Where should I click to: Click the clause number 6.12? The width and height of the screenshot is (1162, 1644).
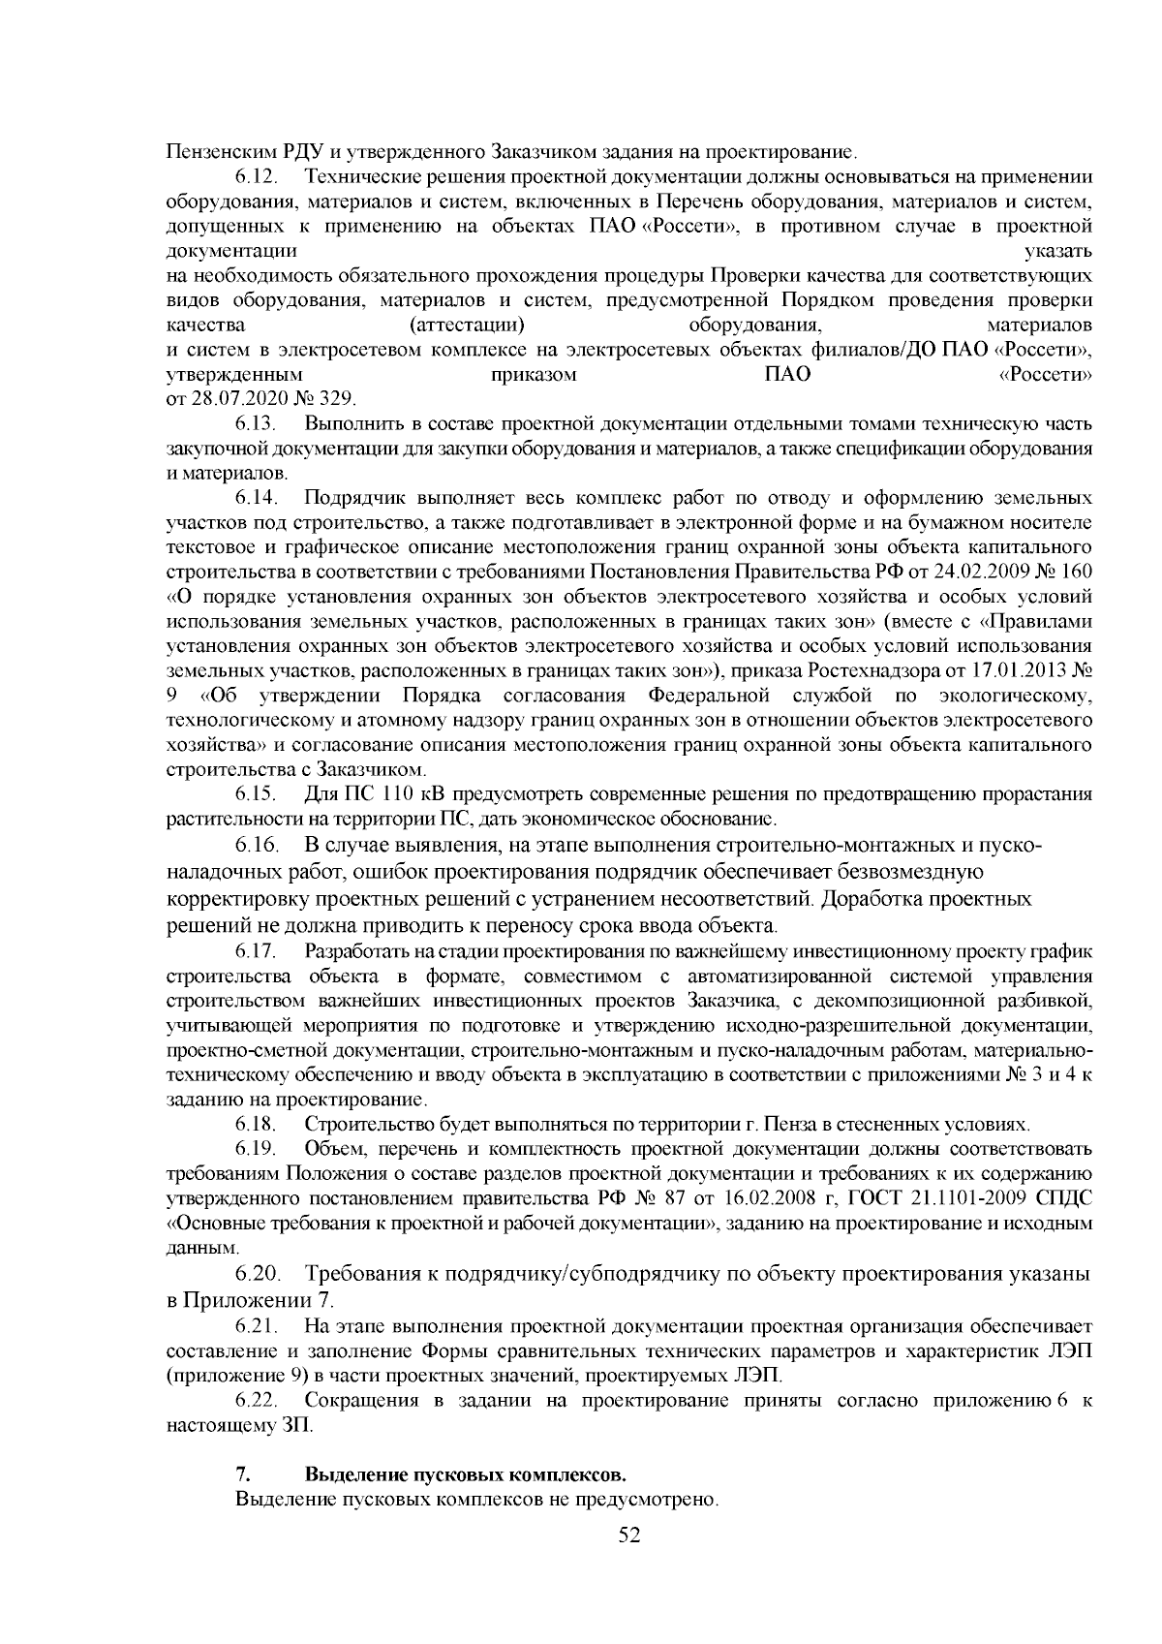[x=256, y=177]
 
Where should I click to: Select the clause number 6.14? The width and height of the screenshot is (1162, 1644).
[x=256, y=499]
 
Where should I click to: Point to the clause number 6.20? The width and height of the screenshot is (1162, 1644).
[x=256, y=1273]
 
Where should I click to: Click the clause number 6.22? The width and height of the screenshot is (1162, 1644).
[x=256, y=1401]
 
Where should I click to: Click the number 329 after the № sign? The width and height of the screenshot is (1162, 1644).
[x=340, y=398]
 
